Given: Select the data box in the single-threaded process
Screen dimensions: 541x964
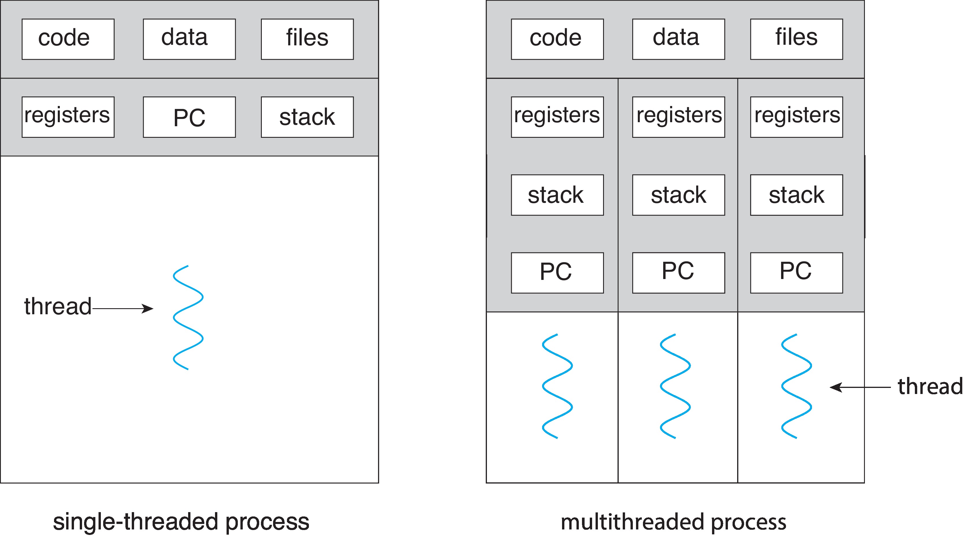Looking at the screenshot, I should click(189, 39).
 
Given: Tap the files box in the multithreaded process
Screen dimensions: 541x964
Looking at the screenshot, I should click(796, 39).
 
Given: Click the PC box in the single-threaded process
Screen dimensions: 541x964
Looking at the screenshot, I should click(189, 117).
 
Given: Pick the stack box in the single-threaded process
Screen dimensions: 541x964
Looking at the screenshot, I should click(307, 117).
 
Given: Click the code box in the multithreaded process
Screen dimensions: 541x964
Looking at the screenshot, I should click(557, 39).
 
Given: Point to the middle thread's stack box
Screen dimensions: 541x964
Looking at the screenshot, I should click(678, 195).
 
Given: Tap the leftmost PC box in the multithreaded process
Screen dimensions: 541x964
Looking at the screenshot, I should click(557, 273).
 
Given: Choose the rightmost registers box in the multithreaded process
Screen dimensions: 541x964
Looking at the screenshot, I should click(796, 117).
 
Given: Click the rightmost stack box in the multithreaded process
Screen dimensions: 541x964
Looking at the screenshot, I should click(796, 195).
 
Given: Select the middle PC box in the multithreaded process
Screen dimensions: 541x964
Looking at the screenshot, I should click(678, 273).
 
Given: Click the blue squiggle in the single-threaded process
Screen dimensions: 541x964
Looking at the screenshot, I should click(188, 318).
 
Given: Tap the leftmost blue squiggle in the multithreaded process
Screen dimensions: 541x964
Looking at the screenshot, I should click(557, 386).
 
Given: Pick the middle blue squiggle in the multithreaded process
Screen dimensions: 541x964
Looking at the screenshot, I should click(675, 386).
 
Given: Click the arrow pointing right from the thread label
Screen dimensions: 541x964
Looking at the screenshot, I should click(123, 309).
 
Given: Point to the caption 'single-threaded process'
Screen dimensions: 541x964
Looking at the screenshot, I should click(181, 522).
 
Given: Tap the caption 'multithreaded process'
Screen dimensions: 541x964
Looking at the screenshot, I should click(673, 522).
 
